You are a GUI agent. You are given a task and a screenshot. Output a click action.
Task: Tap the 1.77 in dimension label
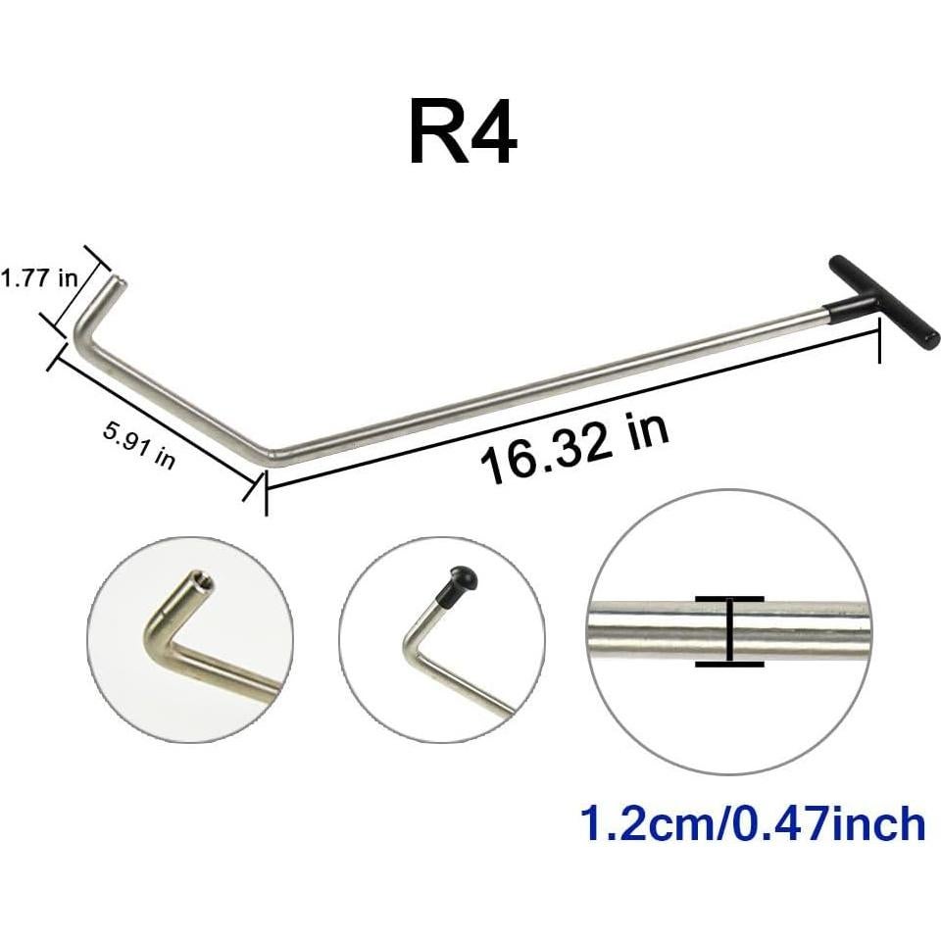39,278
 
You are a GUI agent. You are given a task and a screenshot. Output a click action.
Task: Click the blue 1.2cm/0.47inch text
753,824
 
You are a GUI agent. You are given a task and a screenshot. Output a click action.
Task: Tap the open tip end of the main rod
119,281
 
